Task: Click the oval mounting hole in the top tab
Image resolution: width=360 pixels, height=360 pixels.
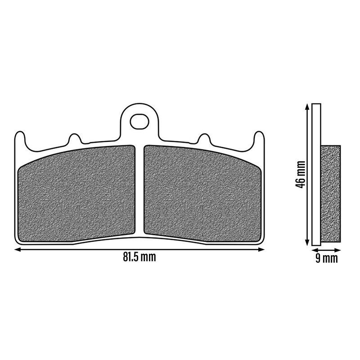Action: tap(139, 121)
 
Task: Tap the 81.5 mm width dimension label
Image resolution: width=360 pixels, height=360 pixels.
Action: tap(139, 257)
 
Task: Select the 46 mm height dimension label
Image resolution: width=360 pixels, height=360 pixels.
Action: tap(300, 175)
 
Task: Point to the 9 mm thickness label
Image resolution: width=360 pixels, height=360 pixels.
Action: tap(327, 258)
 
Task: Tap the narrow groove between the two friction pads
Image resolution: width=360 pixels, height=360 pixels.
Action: tap(139, 190)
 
